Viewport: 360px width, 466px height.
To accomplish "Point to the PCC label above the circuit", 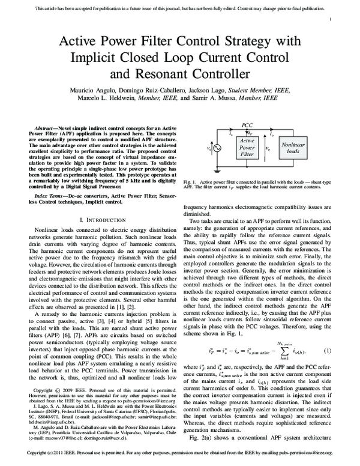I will [247, 124].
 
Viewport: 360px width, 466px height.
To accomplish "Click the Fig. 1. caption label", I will [191, 181].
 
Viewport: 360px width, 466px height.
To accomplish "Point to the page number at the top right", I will [331, 20].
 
